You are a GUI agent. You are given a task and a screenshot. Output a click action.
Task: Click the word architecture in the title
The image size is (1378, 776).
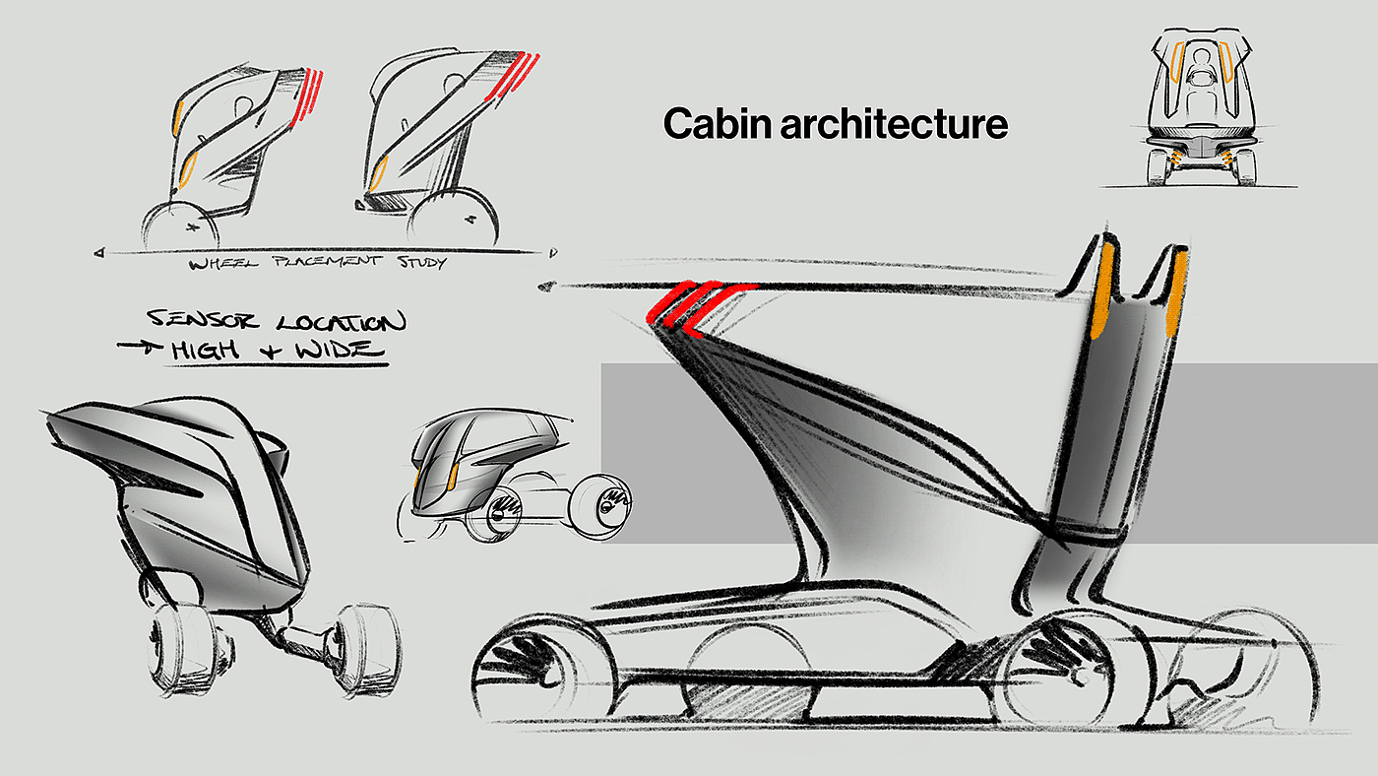895,124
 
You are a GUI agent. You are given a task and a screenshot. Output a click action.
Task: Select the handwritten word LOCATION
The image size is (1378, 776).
341,322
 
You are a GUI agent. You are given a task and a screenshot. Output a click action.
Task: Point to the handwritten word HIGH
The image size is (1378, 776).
205,350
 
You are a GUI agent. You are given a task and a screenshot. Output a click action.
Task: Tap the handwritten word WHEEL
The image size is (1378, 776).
223,264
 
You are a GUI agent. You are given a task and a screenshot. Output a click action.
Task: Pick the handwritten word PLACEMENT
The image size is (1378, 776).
327,262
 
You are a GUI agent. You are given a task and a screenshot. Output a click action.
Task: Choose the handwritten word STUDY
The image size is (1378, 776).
422,262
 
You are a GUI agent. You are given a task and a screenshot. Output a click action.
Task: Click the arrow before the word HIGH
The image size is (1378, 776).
139,347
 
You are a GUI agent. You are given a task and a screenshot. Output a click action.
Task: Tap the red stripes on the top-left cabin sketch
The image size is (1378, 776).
306,97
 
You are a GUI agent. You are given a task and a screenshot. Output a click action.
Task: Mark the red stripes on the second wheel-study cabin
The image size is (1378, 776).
512,76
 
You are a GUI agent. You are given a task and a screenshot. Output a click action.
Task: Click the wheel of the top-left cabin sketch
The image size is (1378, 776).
180,227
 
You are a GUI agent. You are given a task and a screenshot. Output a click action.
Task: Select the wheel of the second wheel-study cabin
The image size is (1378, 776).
453,219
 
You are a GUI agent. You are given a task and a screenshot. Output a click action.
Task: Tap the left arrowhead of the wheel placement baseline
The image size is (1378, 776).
99,252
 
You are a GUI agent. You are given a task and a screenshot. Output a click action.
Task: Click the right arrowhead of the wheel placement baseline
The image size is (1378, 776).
553,252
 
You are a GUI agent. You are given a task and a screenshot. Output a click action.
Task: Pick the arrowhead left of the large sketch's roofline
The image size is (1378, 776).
547,287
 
